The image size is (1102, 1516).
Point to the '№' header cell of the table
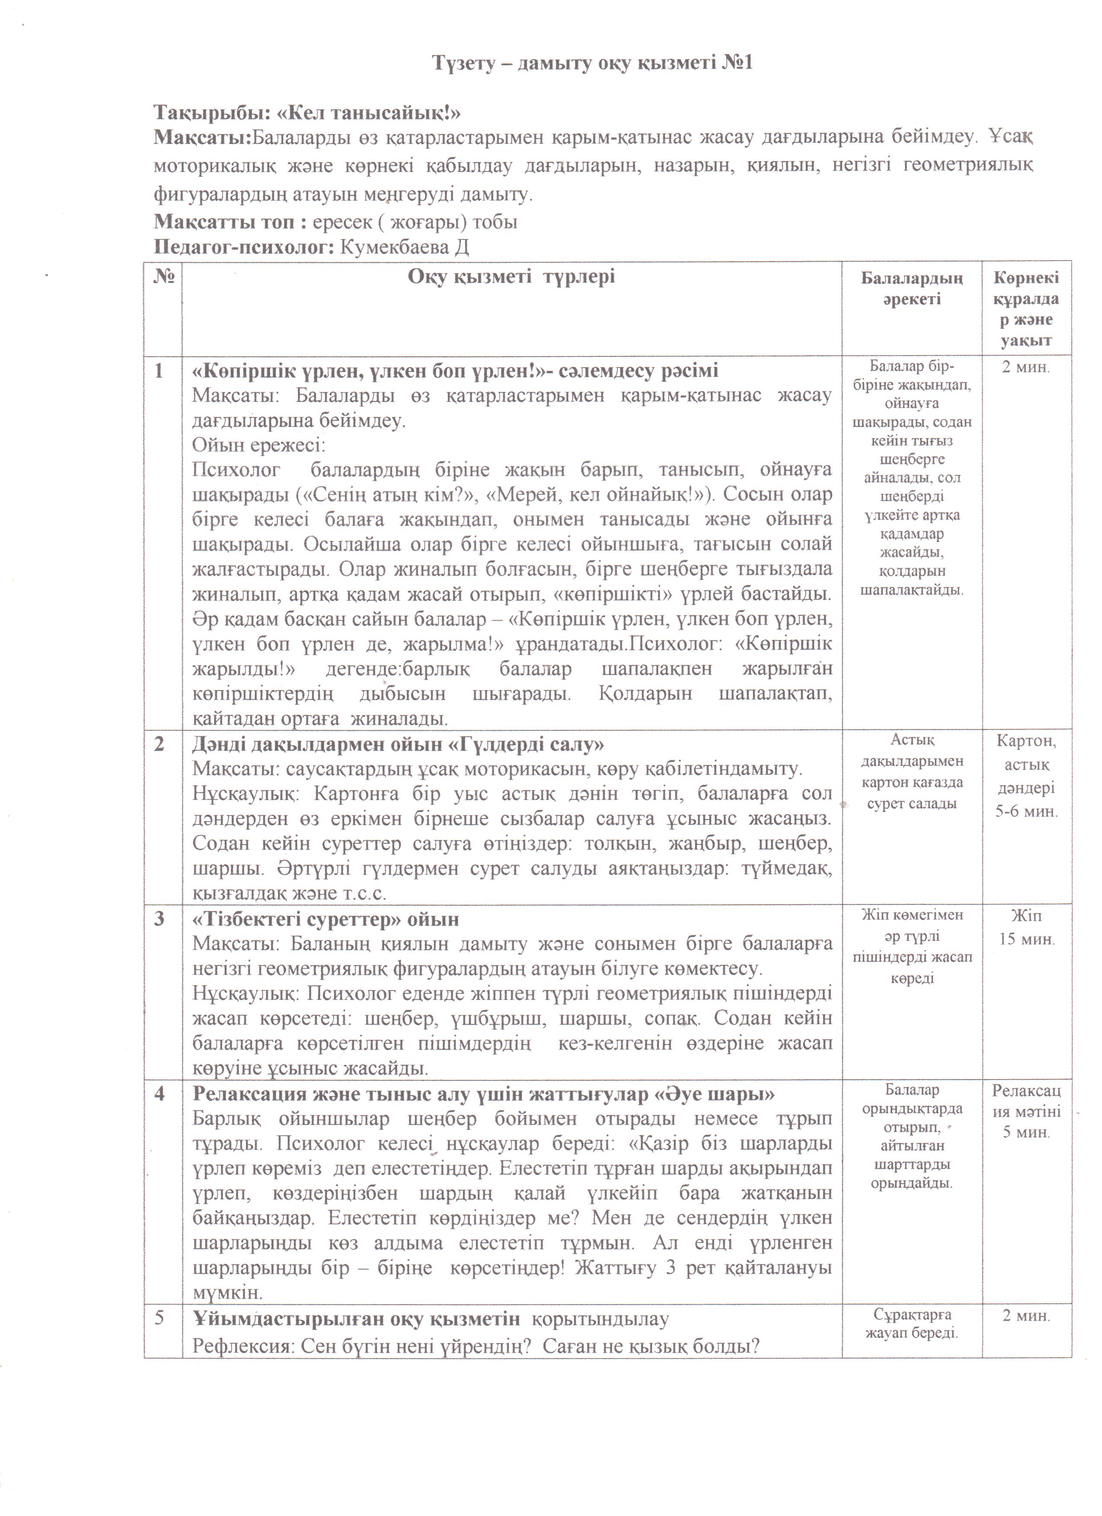point(163,276)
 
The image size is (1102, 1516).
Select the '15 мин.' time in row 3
point(1026,939)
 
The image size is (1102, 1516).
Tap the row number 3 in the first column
point(159,918)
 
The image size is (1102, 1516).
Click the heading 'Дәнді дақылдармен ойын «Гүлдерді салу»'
point(398,744)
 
